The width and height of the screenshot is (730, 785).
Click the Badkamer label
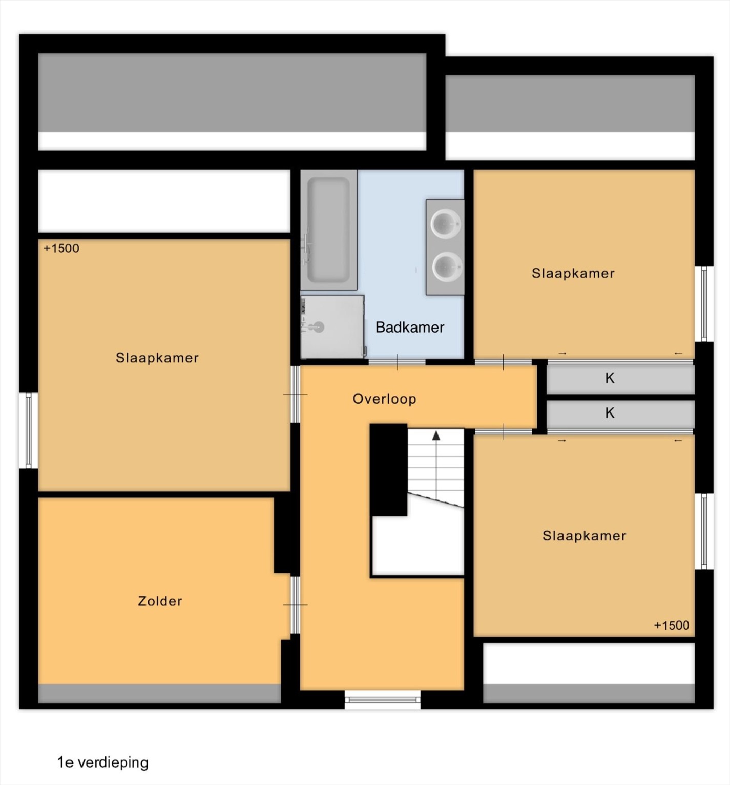click(410, 327)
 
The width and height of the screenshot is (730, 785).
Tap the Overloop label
click(384, 399)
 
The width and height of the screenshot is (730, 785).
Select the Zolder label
click(160, 601)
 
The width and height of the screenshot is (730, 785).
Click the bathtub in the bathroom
click(328, 230)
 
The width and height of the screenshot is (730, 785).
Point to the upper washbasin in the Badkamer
click(446, 224)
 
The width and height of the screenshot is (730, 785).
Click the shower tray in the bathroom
click(332, 327)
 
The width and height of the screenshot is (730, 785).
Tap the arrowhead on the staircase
click(436, 435)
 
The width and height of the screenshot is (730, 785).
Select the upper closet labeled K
click(620, 378)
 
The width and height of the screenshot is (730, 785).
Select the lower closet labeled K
click(620, 413)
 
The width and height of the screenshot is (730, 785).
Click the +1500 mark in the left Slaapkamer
click(61, 248)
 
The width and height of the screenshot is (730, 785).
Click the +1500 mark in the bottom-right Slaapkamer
click(672, 625)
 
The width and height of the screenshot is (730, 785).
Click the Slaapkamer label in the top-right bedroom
click(573, 273)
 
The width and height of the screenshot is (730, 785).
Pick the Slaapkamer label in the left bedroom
click(157, 358)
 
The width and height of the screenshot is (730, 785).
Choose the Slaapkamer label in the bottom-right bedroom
click(585, 536)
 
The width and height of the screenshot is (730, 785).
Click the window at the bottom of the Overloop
click(383, 700)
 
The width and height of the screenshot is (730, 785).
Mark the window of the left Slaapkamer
click(29, 430)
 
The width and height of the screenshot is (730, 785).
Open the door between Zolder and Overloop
click(295, 605)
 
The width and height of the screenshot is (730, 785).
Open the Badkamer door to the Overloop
click(397, 362)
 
